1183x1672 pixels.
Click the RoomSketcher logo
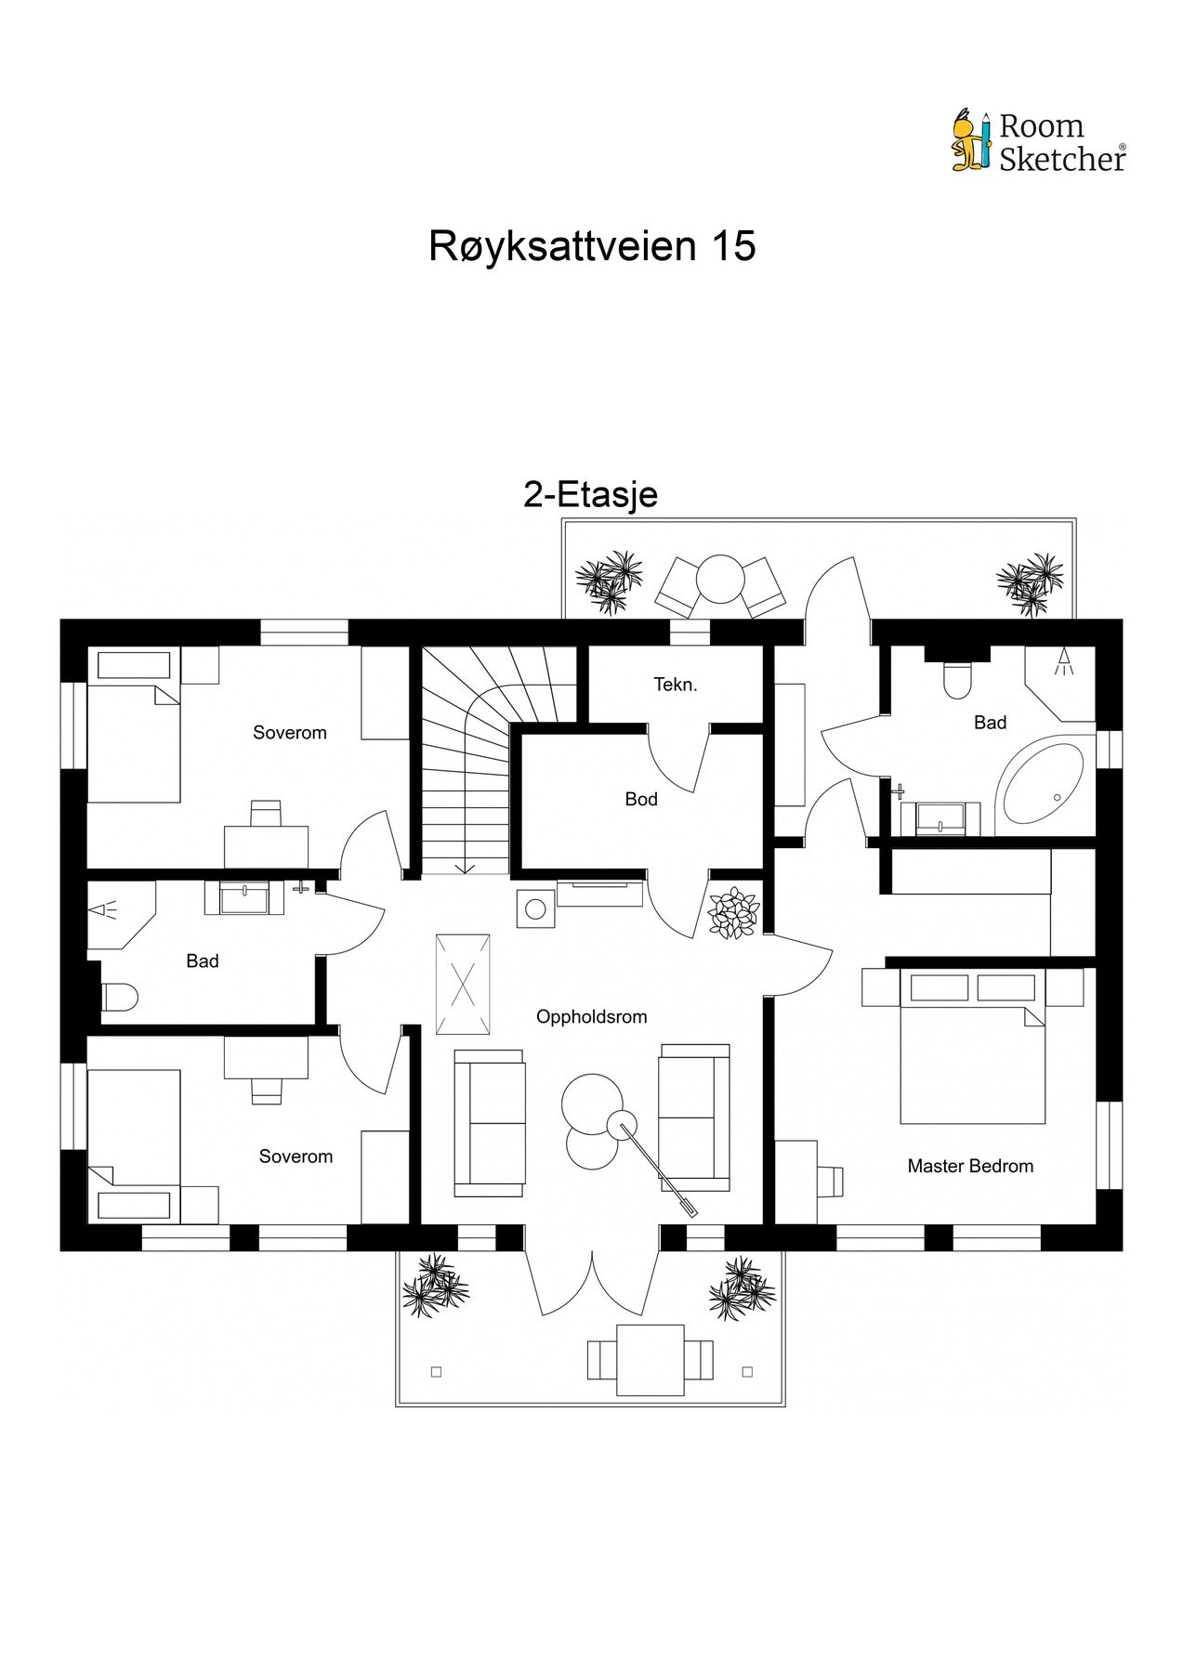(1038, 142)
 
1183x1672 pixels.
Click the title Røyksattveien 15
(591, 246)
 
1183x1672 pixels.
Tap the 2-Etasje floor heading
(590, 494)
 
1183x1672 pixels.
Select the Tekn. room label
(675, 685)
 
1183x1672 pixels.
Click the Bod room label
(641, 799)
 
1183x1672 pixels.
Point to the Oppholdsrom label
(591, 1016)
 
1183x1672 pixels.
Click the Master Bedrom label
(969, 1166)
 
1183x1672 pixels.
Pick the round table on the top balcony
(720, 580)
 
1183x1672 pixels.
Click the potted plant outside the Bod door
(734, 913)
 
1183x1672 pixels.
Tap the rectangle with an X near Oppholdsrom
(464, 984)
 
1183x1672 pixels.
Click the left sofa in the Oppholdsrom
(489, 1123)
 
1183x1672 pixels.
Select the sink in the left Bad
(245, 898)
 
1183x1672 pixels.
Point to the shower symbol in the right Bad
(1065, 663)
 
